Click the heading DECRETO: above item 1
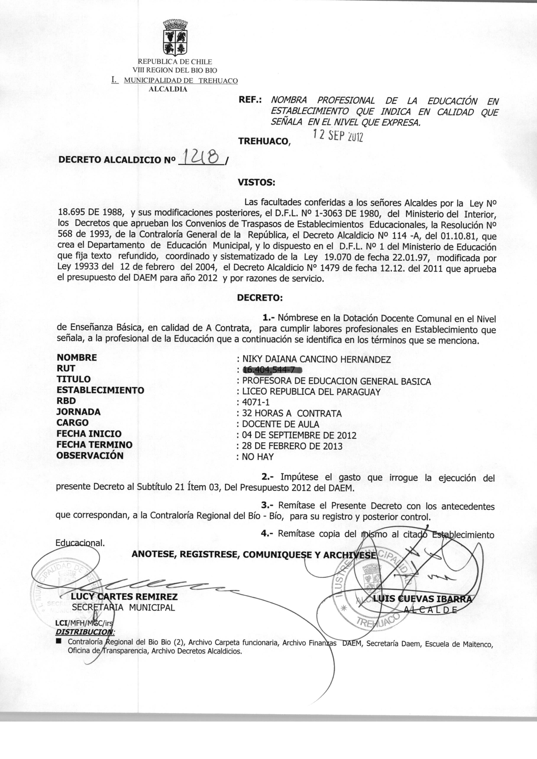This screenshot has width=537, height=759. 260,298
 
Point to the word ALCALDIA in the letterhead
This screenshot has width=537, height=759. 168,89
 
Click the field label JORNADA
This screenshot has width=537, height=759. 78,412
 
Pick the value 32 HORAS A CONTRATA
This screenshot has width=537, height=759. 292,413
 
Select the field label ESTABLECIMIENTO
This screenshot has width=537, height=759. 100,390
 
